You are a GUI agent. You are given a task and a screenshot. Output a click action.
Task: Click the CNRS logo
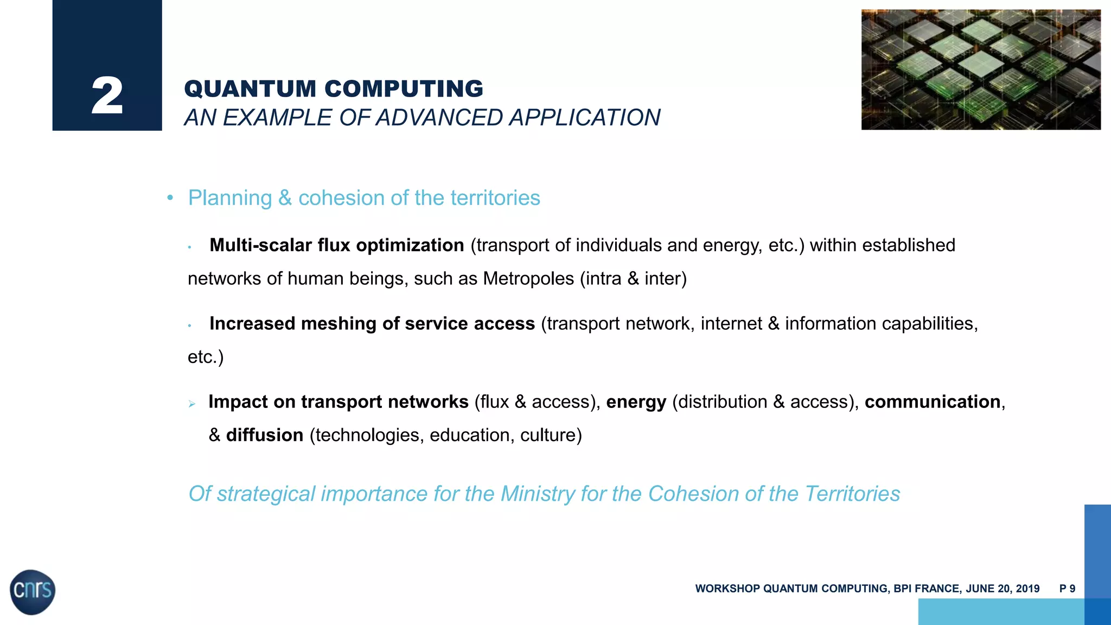[x=33, y=591]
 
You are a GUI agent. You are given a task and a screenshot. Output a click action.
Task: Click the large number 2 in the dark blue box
[x=107, y=96]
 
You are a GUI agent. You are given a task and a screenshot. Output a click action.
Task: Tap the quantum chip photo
[x=980, y=69]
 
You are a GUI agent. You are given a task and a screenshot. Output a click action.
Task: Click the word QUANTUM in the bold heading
[x=250, y=89]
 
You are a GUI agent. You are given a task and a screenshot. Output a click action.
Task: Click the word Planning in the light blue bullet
[x=229, y=198]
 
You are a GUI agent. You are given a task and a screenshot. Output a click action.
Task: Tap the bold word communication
[x=932, y=401]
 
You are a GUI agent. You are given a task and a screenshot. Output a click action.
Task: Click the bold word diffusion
[x=264, y=435]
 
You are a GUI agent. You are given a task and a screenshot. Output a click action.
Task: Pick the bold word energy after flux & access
[x=636, y=402]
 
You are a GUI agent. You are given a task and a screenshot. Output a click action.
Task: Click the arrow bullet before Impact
[x=191, y=404]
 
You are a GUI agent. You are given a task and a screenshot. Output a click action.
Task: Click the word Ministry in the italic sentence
[x=537, y=494]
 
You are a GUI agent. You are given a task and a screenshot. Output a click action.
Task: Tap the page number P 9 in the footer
[x=1067, y=589]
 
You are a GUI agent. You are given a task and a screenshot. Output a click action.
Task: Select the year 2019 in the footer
[x=1027, y=589]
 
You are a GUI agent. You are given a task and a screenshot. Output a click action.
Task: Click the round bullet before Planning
[x=170, y=199]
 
